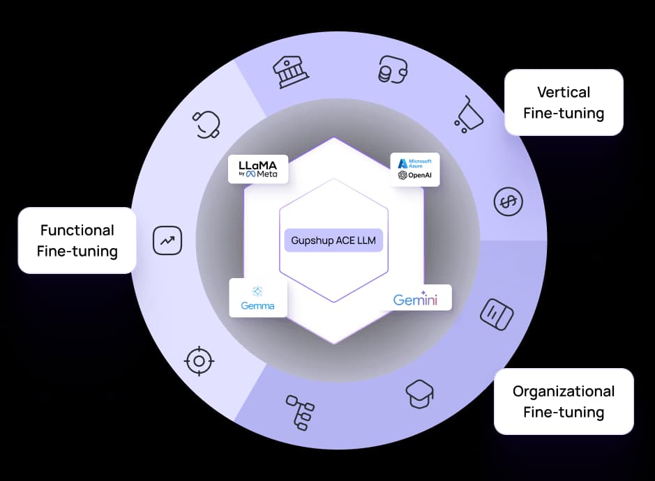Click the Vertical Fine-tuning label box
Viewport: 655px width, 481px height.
pos(564,102)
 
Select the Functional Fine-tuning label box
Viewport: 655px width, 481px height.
pos(77,240)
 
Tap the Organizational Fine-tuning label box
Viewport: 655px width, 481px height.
pos(564,402)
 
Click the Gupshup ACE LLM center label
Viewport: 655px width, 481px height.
pos(334,241)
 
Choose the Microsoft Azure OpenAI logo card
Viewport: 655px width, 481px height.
pos(414,169)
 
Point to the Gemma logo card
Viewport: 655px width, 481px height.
pos(258,298)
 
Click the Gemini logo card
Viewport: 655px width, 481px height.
pos(415,298)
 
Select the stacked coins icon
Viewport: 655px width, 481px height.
pos(392,70)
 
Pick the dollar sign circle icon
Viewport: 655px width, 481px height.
pos(508,201)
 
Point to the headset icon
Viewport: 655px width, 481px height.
pos(207,124)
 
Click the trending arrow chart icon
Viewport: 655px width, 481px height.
pos(167,241)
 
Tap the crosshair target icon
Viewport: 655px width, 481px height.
pos(199,360)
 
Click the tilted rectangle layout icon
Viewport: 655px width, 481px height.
pos(497,313)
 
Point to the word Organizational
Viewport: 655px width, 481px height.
pos(564,391)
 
